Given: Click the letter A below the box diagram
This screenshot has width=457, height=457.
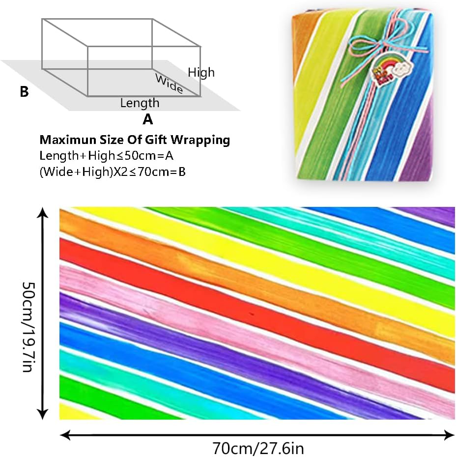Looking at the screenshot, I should (147, 119).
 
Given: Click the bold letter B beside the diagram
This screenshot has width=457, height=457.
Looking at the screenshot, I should (24, 92).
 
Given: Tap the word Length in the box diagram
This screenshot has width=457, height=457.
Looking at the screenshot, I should (140, 103).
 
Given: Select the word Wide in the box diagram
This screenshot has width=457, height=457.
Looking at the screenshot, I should (169, 84).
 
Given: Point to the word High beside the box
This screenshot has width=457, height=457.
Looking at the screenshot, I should (201, 73).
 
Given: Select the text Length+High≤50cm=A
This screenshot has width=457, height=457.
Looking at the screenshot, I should (105, 156).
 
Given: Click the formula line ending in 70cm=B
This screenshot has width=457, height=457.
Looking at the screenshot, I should (113, 171).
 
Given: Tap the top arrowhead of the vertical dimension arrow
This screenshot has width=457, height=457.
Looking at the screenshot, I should (44, 213).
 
